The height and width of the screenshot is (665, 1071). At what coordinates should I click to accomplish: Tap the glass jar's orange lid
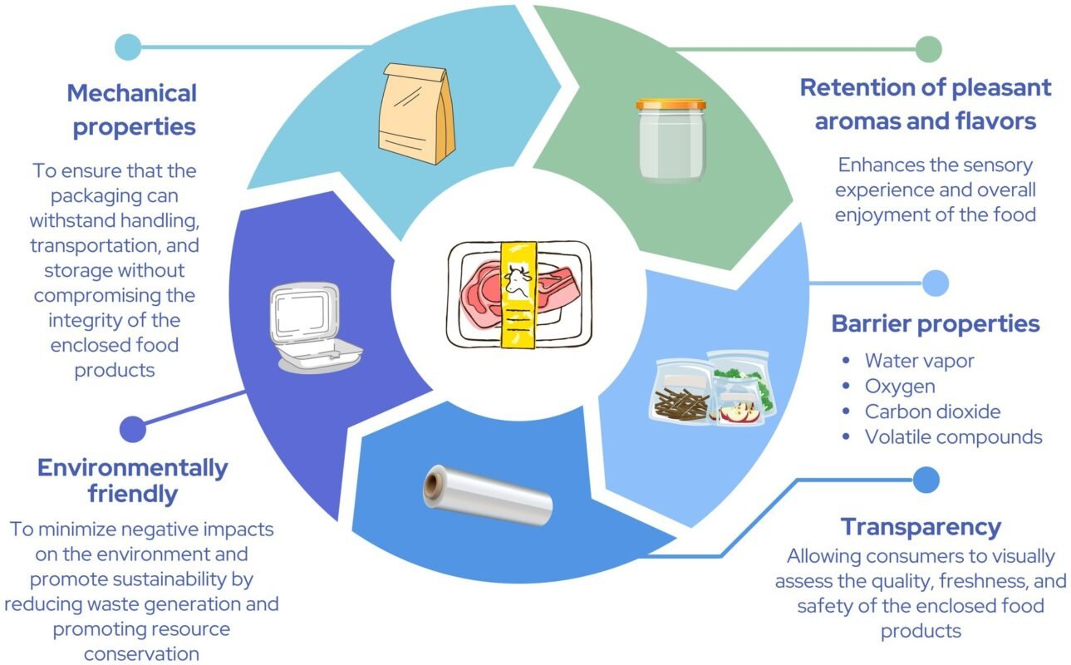pyautogui.click(x=671, y=106)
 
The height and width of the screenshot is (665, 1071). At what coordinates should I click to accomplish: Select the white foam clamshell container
pyautogui.click(x=305, y=325)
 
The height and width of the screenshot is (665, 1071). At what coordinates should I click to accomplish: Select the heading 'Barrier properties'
pyautogui.click(x=936, y=323)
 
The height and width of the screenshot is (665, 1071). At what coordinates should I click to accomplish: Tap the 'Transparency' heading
pyautogui.click(x=921, y=526)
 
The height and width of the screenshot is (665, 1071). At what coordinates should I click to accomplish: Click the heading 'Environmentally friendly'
pyautogui.click(x=133, y=480)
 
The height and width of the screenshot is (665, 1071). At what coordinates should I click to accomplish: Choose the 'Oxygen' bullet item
pyautogui.click(x=899, y=386)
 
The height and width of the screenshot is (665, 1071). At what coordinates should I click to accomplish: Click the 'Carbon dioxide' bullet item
pyautogui.click(x=932, y=411)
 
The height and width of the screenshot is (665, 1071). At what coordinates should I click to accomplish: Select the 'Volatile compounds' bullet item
pyautogui.click(x=953, y=436)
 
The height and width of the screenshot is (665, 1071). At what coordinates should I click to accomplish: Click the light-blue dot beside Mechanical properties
pyautogui.click(x=127, y=47)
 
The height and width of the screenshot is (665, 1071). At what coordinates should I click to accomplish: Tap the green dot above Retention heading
pyautogui.click(x=928, y=49)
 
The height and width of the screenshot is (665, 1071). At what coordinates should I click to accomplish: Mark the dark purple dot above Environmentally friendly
pyautogui.click(x=133, y=429)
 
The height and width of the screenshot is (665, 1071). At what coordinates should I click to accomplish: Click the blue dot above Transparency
pyautogui.click(x=926, y=479)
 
